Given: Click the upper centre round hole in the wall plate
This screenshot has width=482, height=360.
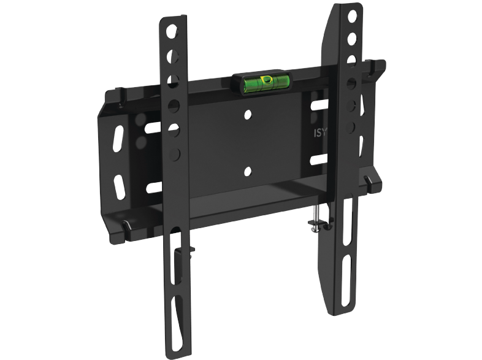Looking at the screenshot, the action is tap(248, 115).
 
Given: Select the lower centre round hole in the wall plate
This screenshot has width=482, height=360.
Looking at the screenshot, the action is tap(248, 172).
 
